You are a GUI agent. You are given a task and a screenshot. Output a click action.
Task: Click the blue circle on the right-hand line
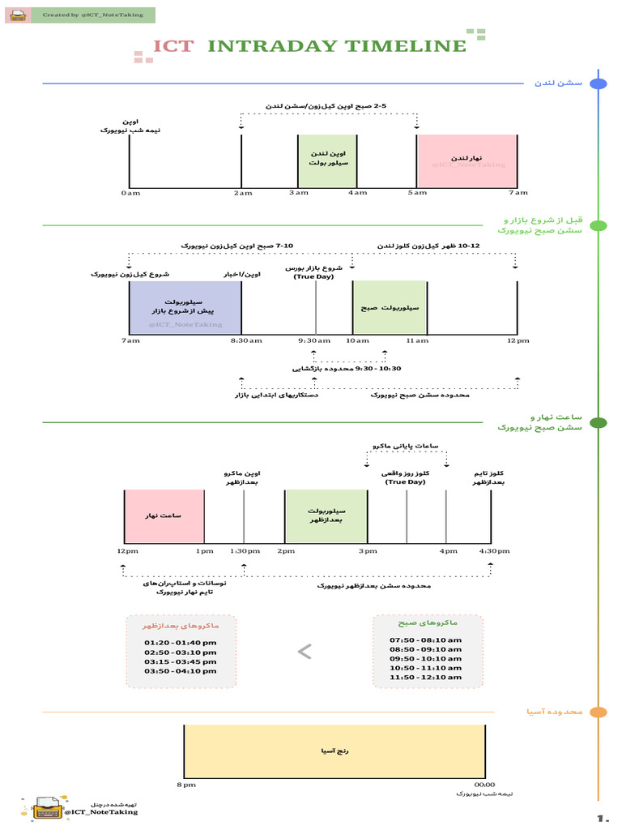point(599,84)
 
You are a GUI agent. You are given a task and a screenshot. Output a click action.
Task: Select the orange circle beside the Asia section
point(599,712)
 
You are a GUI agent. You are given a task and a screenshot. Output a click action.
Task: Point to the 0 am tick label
point(129,193)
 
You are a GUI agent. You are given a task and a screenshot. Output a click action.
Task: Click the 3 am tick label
point(298,193)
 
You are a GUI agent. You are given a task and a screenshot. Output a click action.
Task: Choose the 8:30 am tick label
point(247,340)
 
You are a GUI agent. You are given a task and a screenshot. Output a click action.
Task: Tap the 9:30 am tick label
point(315,340)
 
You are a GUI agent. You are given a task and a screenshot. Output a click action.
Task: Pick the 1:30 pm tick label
point(245,551)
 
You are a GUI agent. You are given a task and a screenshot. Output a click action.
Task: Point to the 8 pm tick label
point(185,785)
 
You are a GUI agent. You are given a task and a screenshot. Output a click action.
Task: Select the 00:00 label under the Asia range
point(484,785)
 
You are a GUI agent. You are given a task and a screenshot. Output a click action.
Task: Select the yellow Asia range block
point(334,751)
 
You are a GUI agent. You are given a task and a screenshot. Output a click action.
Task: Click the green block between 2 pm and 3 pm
point(326,516)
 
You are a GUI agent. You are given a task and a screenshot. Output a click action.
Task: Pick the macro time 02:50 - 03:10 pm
point(181,652)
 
